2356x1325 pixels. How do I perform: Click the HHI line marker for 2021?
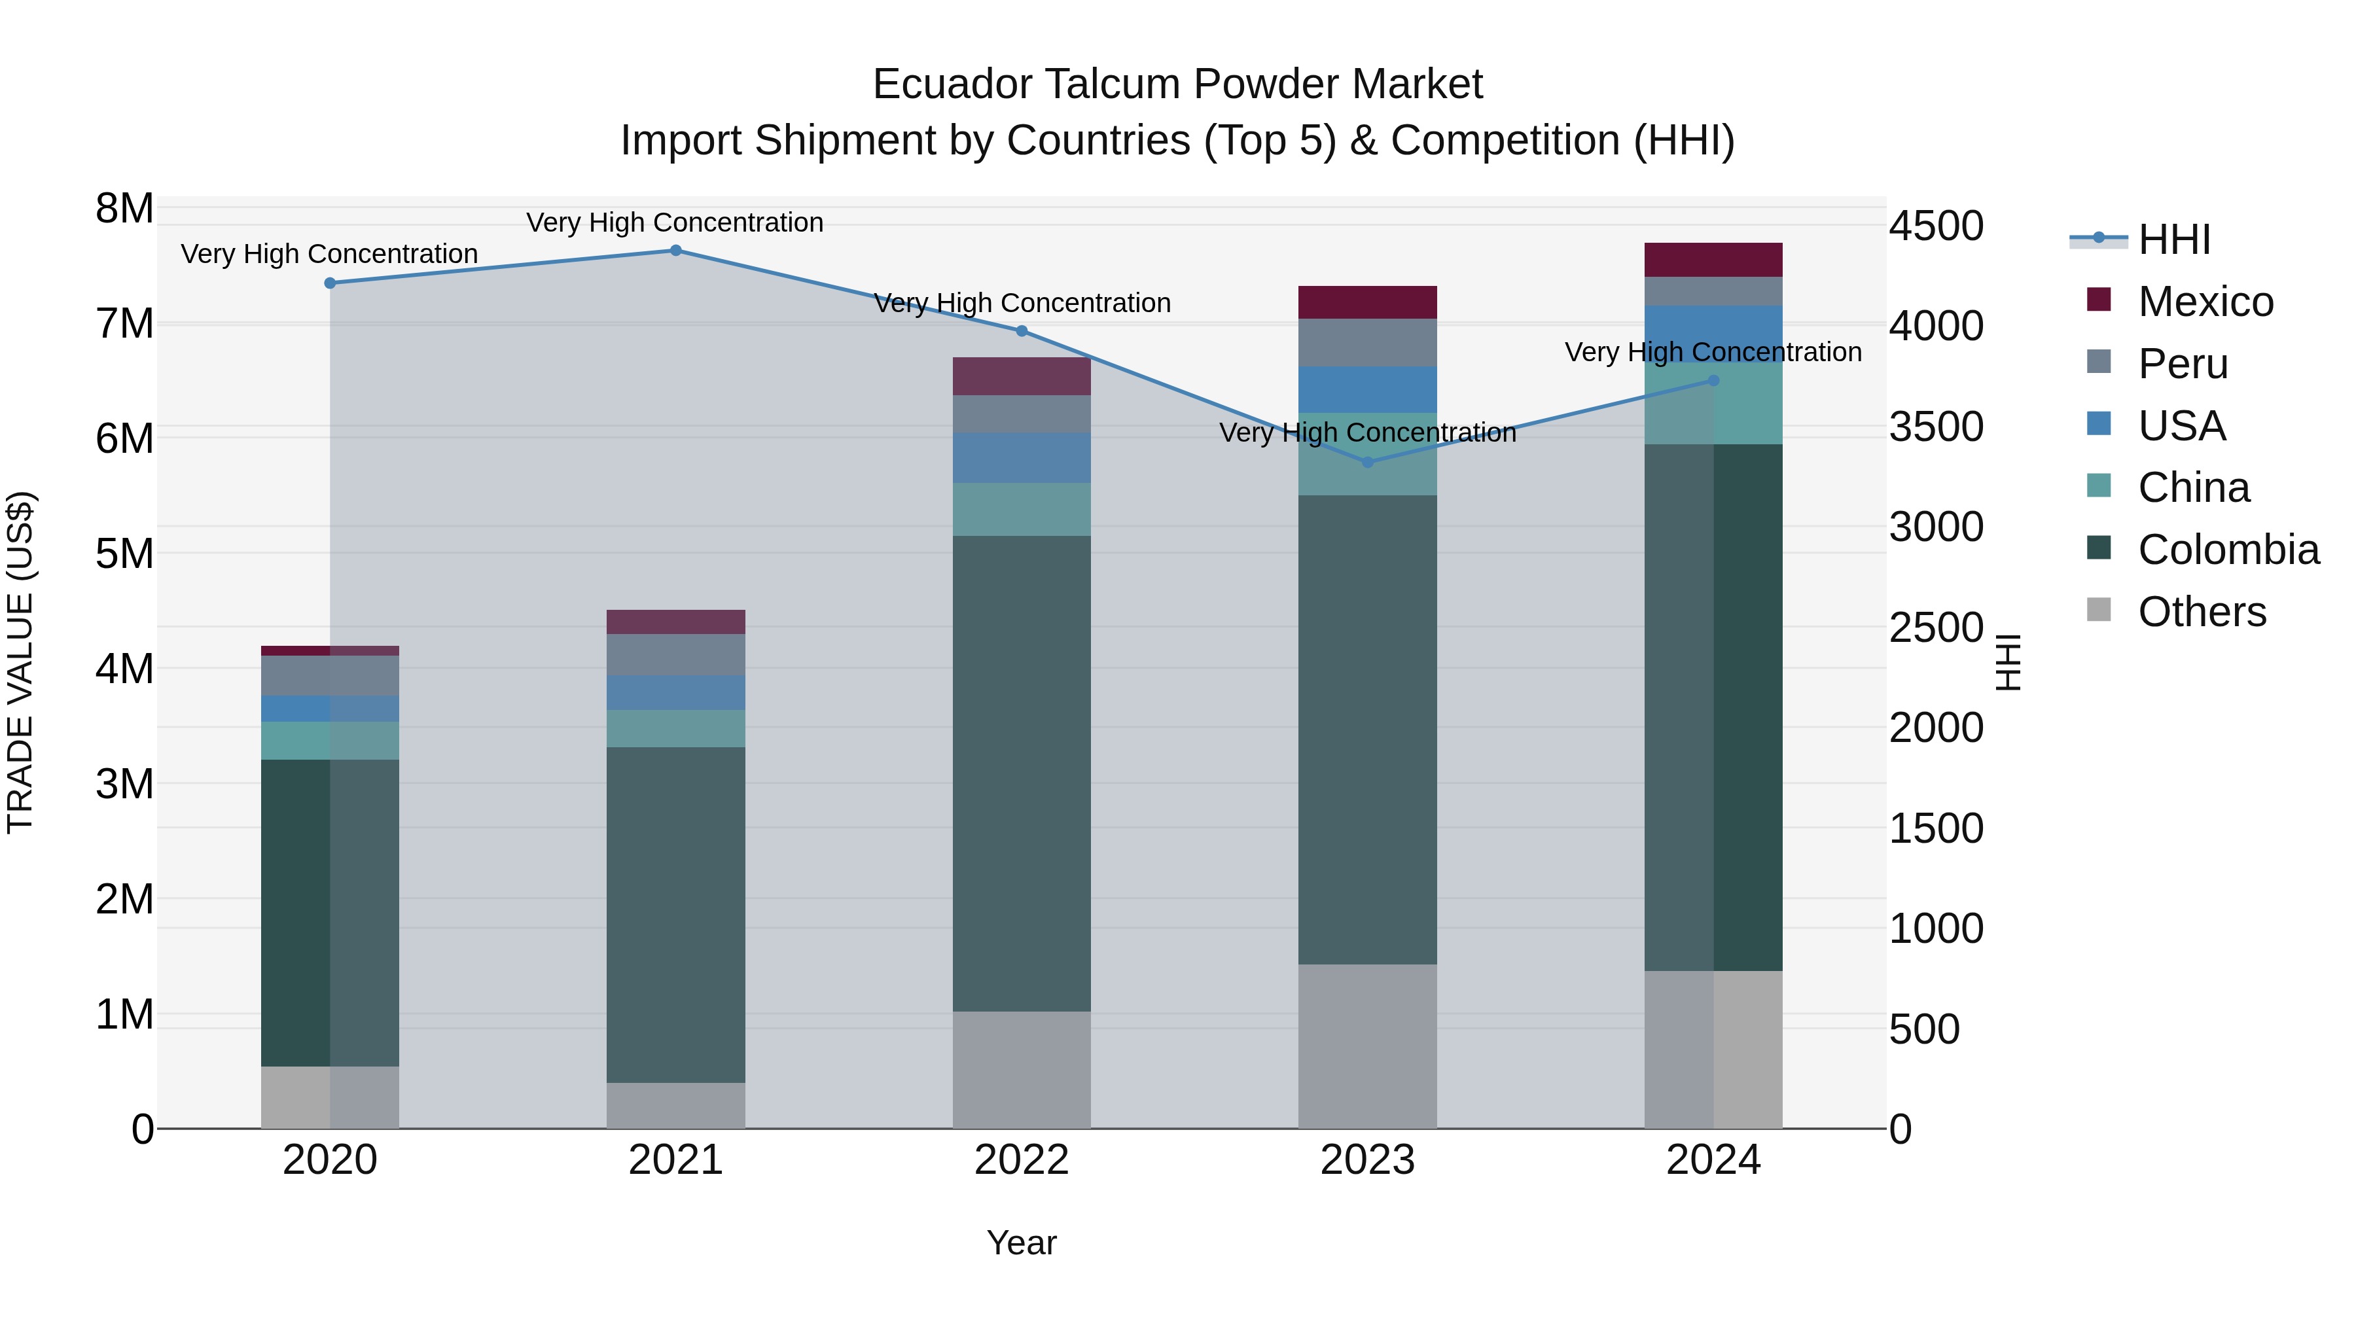click(x=676, y=251)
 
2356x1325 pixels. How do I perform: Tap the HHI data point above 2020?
click(x=330, y=283)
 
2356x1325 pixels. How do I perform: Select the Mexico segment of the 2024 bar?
click(x=1713, y=260)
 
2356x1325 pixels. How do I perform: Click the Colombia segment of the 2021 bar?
click(x=676, y=915)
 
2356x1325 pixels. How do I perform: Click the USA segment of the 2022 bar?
click(x=1022, y=457)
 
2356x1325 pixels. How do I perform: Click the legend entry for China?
click(x=2193, y=487)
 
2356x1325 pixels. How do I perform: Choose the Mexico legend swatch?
click(x=2099, y=300)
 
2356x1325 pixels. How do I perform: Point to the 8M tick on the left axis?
click(x=124, y=209)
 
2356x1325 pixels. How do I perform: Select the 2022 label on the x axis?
click(x=1022, y=1160)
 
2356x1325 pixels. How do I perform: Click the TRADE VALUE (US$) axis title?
click(x=20, y=662)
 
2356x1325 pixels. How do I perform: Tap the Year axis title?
click(x=1022, y=1243)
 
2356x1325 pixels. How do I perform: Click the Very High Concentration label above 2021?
click(x=675, y=222)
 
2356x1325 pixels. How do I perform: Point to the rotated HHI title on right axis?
click(x=2008, y=662)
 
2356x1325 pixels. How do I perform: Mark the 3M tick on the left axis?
click(x=124, y=785)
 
